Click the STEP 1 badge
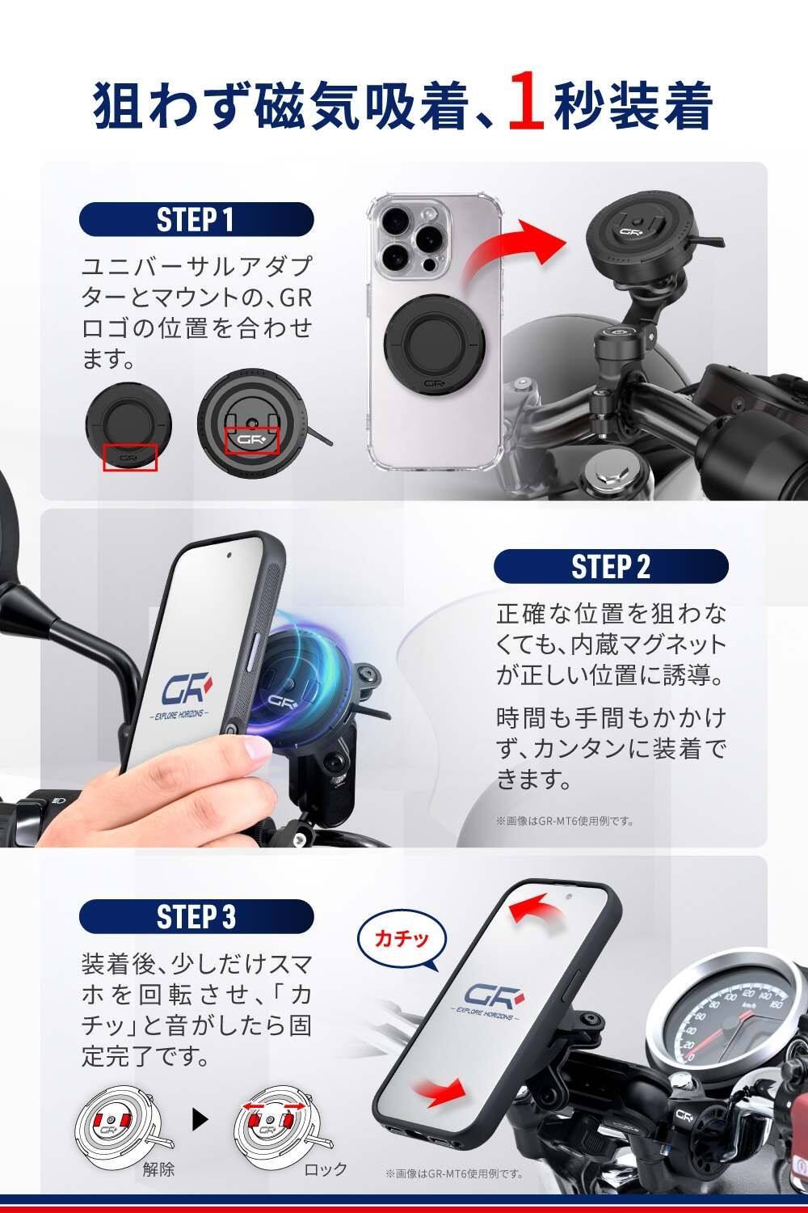tap(196, 219)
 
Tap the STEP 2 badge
tap(611, 566)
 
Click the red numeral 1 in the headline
tap(526, 107)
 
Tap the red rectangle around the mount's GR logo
tap(251, 440)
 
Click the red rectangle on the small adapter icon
tap(130, 458)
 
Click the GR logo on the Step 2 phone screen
tap(181, 691)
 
